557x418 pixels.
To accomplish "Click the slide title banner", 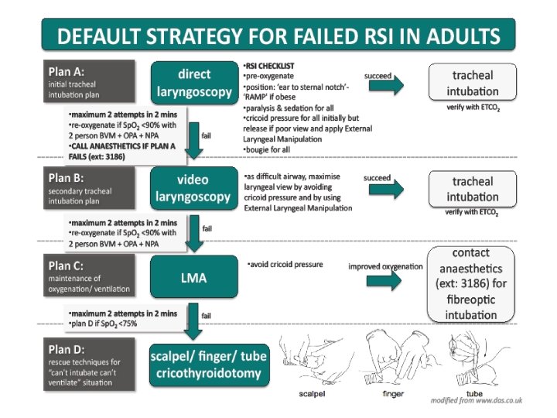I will click(278, 36).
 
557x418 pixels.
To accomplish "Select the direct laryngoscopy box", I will click(194, 83).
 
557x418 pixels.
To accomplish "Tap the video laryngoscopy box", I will click(194, 187).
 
